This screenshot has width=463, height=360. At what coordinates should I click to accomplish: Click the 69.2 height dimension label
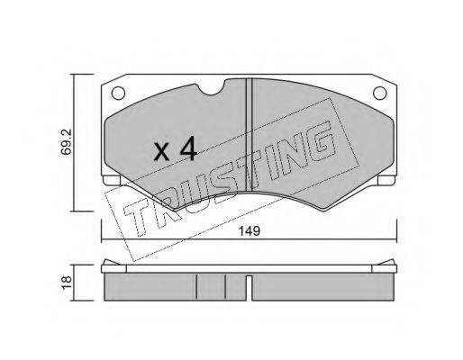(66, 141)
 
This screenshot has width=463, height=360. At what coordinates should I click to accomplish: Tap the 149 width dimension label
(250, 231)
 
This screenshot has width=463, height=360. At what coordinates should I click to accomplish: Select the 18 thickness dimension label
(67, 283)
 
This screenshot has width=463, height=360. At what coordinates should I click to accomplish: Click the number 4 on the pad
(188, 148)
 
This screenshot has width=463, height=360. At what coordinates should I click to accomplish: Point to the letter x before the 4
(162, 152)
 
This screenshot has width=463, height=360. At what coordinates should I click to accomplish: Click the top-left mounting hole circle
(118, 93)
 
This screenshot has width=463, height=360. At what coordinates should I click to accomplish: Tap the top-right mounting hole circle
(380, 93)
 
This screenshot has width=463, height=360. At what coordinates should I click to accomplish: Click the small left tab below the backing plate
(112, 180)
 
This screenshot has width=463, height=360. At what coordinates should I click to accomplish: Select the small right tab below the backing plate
(386, 180)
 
